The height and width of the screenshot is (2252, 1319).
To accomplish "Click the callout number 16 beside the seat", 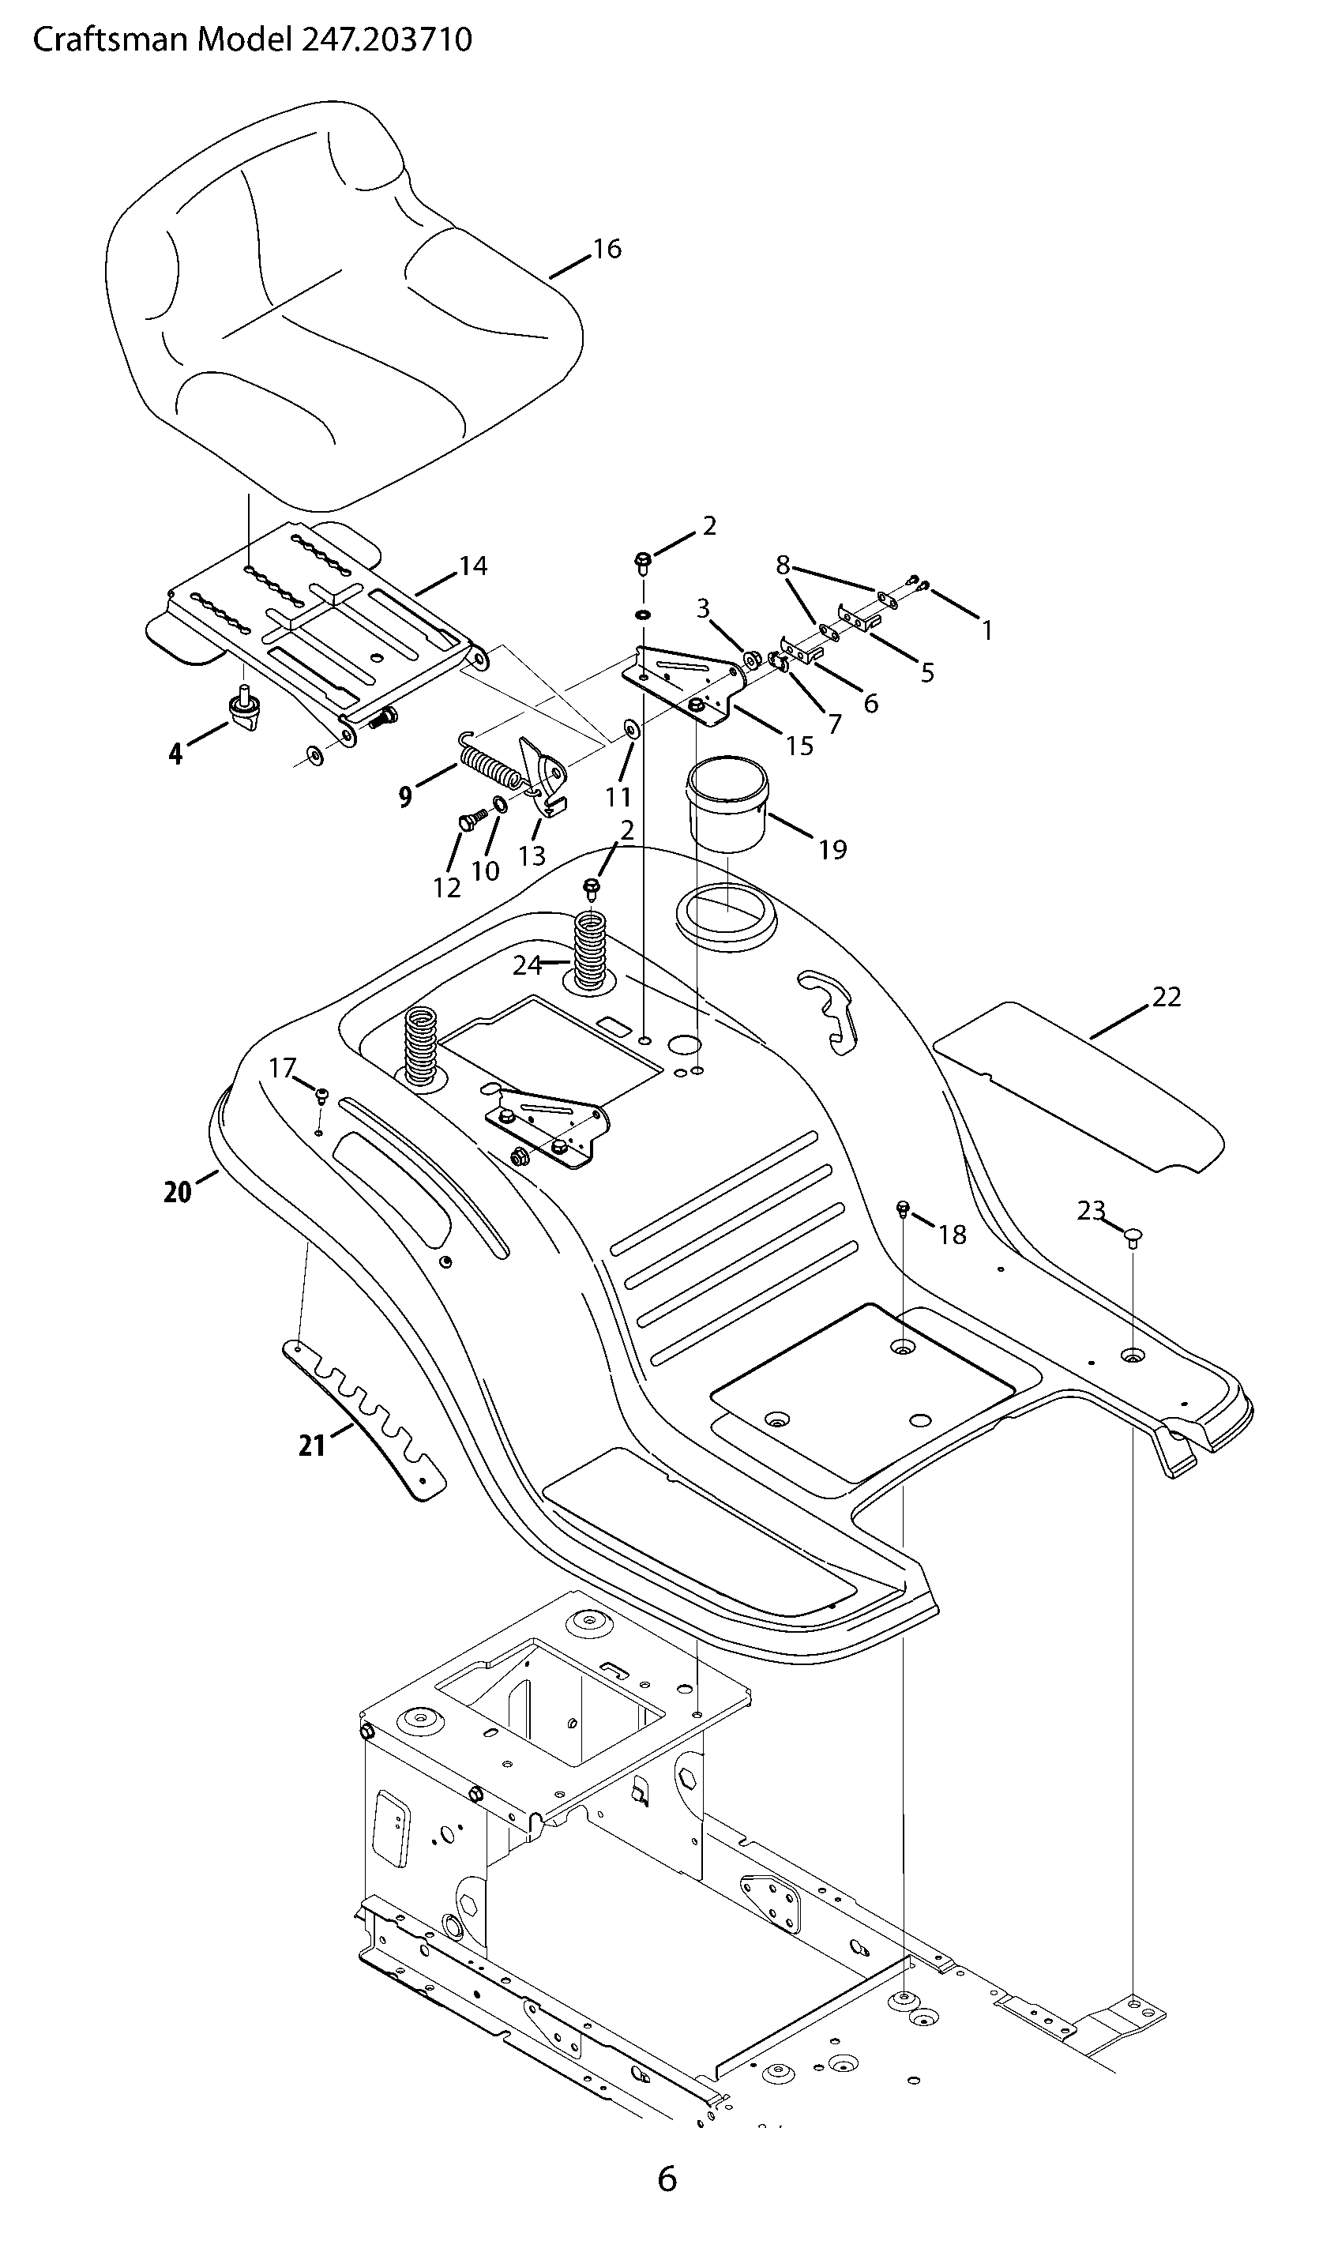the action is click(607, 249).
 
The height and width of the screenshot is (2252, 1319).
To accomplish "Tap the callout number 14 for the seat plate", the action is click(474, 566).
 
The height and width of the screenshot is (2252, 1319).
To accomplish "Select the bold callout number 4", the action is click(175, 754).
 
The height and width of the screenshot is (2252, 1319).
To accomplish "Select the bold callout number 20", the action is click(178, 1192).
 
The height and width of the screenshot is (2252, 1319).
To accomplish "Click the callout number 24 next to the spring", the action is click(528, 965).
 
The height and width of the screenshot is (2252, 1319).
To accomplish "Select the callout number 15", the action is click(799, 746).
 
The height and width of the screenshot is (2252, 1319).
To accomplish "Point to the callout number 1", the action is click(986, 631).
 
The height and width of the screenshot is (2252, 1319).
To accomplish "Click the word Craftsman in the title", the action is click(111, 40).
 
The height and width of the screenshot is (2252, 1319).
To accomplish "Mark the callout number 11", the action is click(618, 796).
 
